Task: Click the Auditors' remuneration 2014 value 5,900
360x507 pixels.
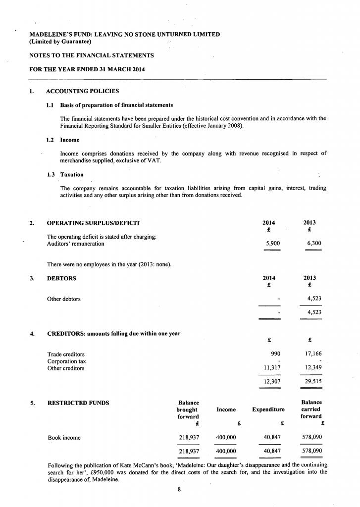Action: click(x=273, y=244)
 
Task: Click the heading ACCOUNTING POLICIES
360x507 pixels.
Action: click(x=82, y=91)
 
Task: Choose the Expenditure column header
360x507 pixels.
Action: click(x=268, y=409)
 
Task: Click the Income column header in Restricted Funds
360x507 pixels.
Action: click(x=226, y=409)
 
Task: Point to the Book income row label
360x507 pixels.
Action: click(x=64, y=438)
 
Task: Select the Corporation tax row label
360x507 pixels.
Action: click(x=66, y=361)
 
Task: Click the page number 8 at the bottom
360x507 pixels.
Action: click(x=180, y=490)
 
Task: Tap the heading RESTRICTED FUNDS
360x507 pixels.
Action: click(x=78, y=403)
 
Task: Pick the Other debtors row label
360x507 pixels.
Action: click(x=64, y=299)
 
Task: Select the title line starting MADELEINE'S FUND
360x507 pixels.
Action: click(x=125, y=34)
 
